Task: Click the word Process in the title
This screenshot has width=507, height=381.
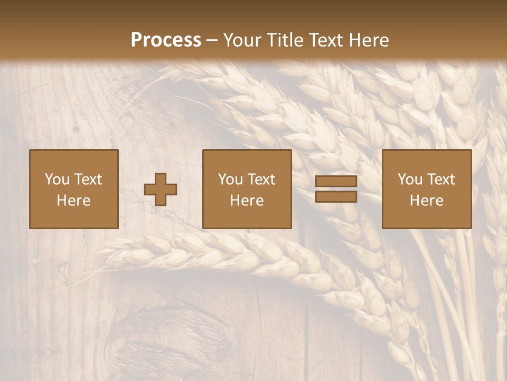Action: click(x=166, y=40)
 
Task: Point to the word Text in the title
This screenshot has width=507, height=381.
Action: click(x=327, y=40)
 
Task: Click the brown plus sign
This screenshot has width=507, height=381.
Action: click(x=161, y=189)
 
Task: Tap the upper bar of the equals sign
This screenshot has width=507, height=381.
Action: click(x=336, y=182)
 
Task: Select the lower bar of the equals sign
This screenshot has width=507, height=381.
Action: click(x=336, y=197)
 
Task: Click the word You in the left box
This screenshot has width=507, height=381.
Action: click(x=57, y=179)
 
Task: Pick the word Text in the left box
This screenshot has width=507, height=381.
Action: click(x=88, y=179)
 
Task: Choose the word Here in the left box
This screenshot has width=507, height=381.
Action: click(x=73, y=201)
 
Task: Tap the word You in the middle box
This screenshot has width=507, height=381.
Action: click(x=230, y=179)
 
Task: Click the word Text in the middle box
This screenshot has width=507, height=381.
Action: click(x=261, y=179)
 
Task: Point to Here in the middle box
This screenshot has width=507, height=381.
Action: click(x=247, y=201)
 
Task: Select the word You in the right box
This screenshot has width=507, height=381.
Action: click(x=410, y=179)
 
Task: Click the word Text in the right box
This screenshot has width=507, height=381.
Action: click(x=440, y=179)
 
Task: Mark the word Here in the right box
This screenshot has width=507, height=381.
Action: click(x=426, y=201)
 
